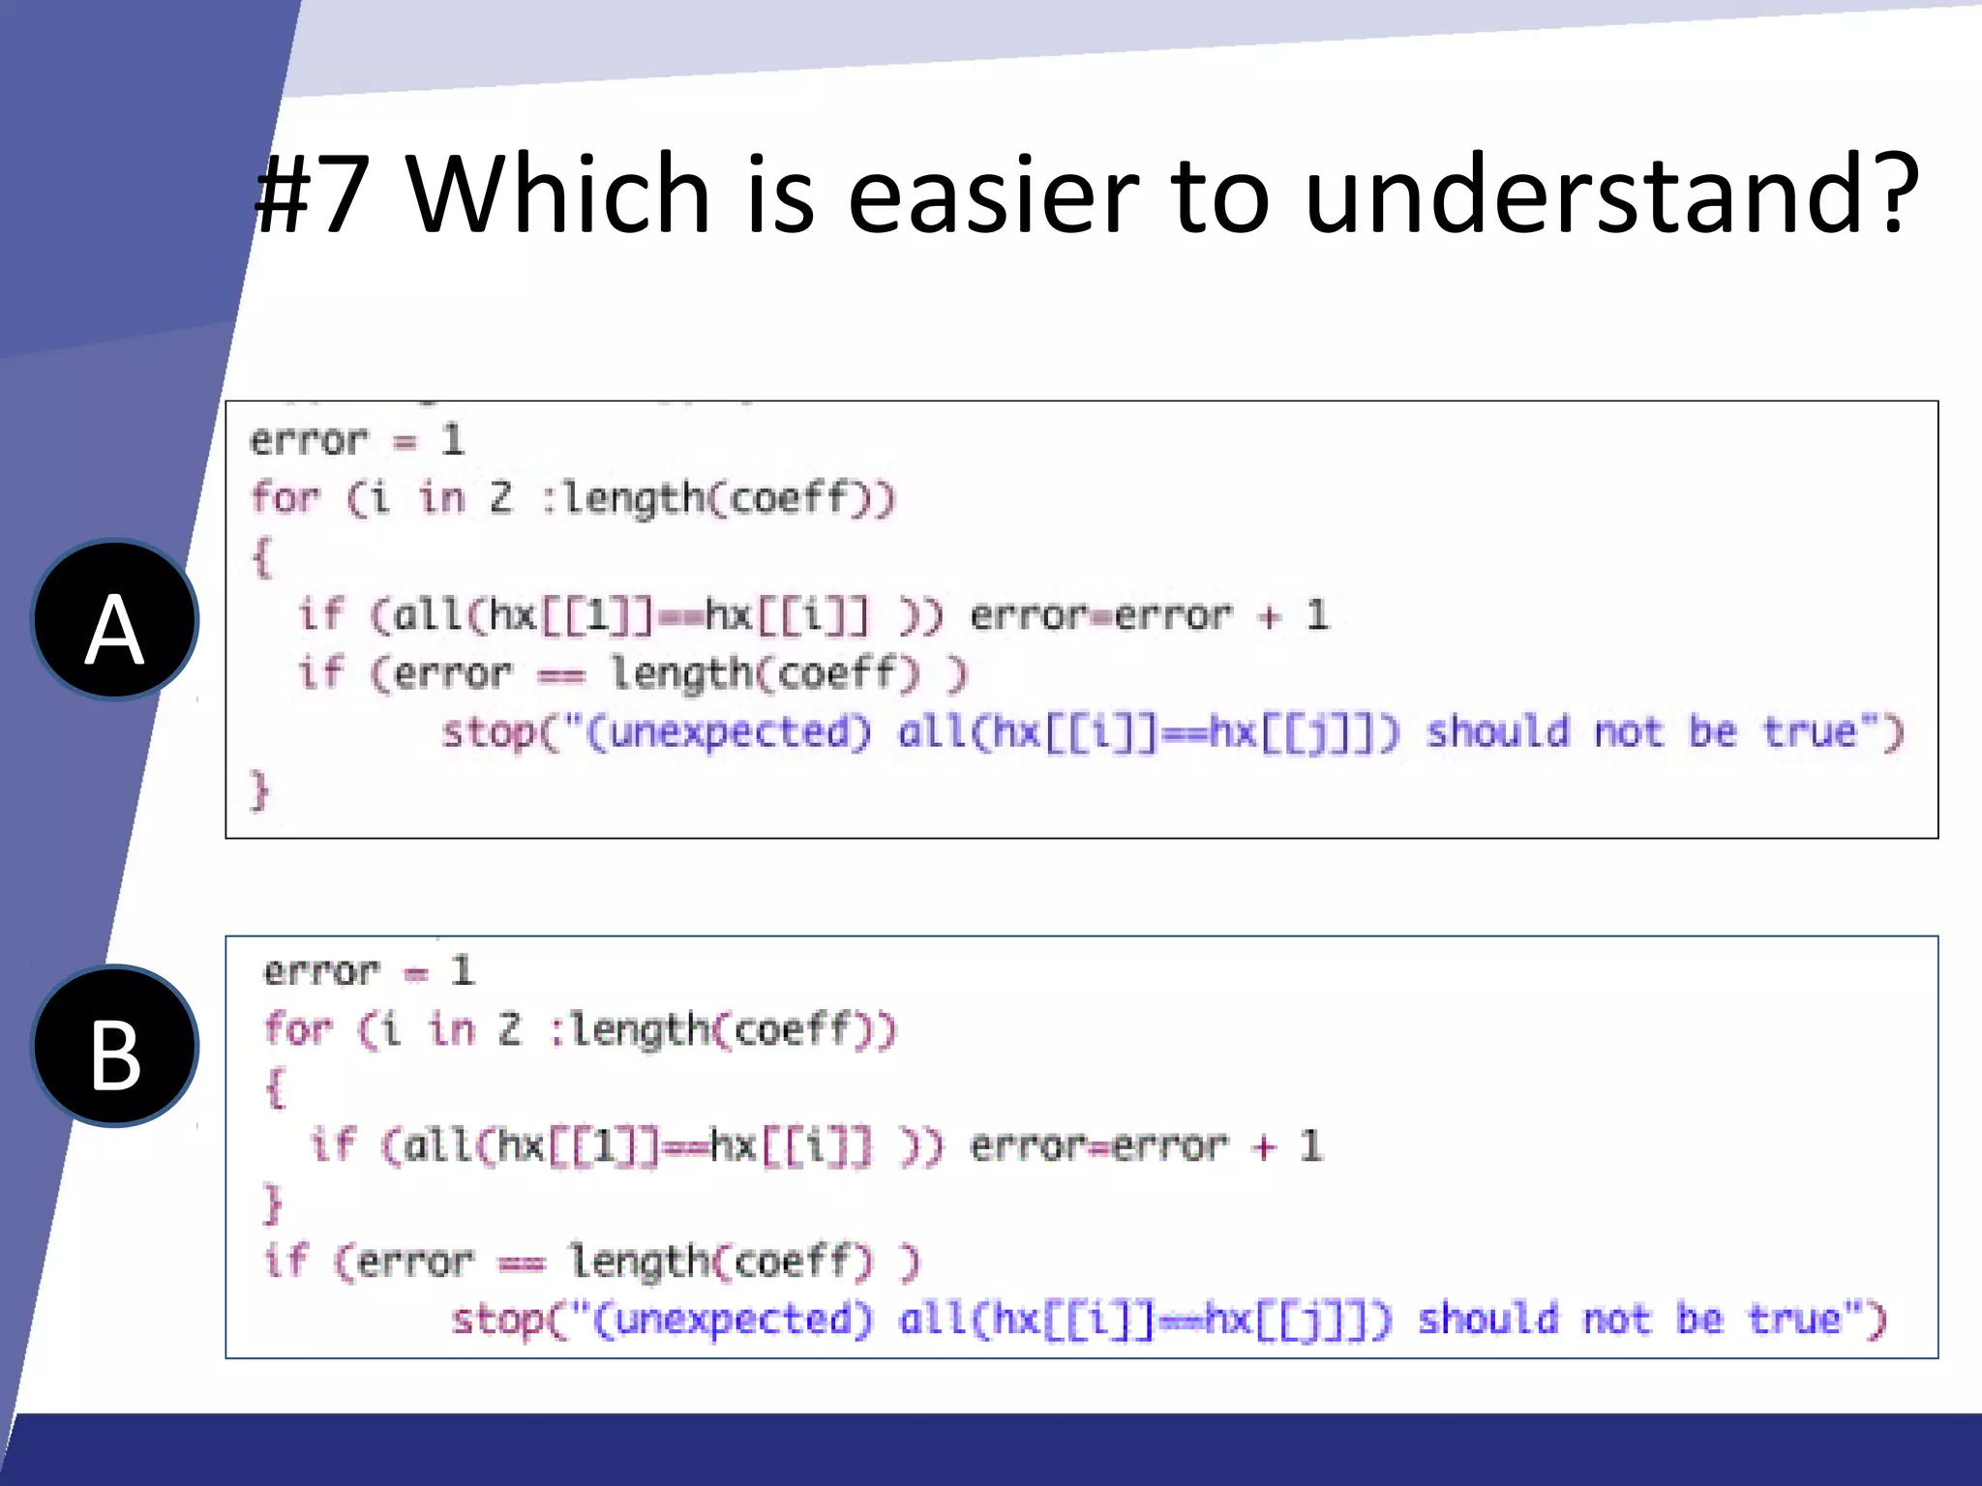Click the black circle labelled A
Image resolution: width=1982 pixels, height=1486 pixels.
coord(115,620)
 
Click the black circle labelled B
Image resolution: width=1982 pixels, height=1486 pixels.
coord(115,1047)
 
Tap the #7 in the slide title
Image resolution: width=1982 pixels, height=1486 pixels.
coord(313,194)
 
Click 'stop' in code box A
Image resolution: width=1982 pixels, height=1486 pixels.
coord(489,732)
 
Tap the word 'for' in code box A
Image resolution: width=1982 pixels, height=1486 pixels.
coord(285,498)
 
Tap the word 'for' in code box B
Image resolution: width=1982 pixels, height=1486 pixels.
coord(298,1028)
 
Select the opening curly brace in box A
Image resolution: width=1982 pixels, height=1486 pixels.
coord(261,558)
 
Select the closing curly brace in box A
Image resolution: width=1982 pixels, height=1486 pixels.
coord(259,790)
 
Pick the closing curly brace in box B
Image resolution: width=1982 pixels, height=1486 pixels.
coord(273,1204)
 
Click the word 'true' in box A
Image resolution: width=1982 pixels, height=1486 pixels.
coord(1809,732)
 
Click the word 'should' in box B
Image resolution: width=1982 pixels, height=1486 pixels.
coord(1488,1320)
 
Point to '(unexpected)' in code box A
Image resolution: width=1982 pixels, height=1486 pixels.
coord(729,732)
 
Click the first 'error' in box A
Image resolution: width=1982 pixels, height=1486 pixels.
coord(309,441)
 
